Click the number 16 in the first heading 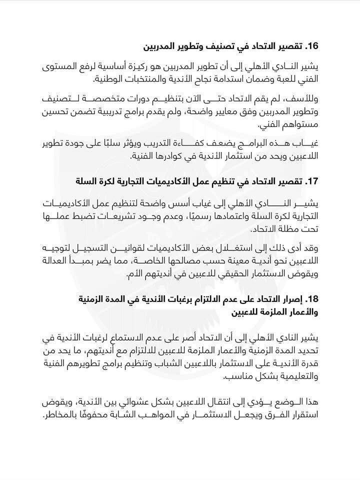312,47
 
